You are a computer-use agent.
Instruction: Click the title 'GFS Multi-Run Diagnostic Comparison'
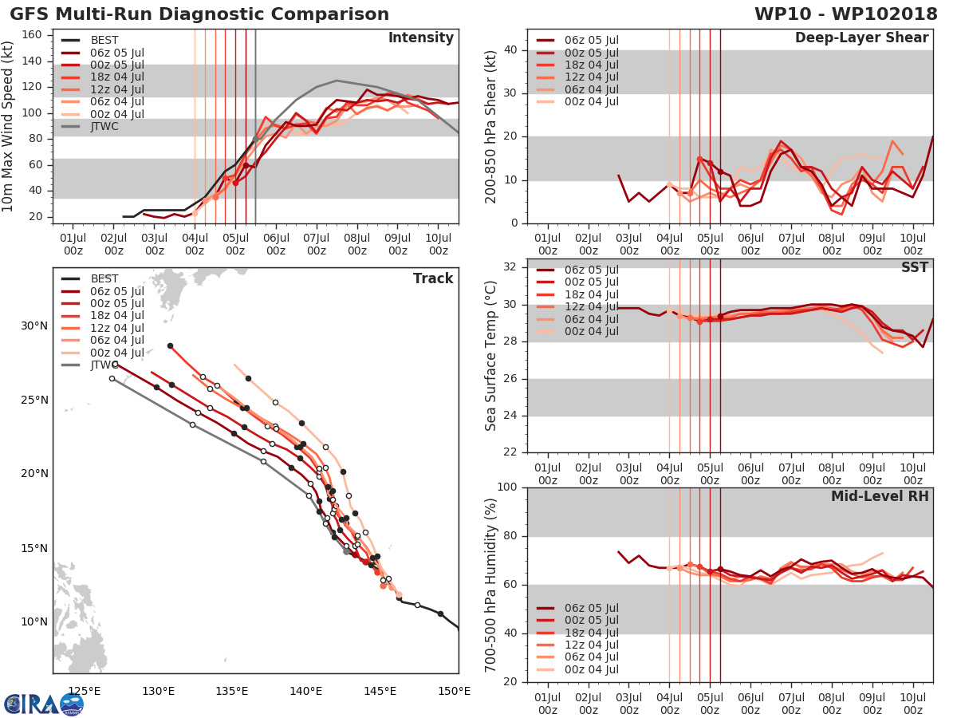click(199, 14)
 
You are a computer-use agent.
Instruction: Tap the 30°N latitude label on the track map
click(34, 325)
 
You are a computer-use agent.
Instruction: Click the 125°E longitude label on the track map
click(84, 691)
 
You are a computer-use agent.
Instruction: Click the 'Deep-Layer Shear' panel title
click(861, 38)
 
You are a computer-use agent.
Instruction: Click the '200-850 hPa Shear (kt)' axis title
click(491, 126)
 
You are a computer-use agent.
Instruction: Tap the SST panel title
click(914, 267)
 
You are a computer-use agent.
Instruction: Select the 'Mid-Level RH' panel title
click(880, 496)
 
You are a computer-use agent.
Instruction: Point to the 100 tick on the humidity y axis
click(509, 487)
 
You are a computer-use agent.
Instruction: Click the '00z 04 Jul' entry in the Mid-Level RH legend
click(590, 670)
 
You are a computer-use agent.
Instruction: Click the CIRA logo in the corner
click(44, 704)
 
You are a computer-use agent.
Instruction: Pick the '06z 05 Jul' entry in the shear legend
click(590, 41)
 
